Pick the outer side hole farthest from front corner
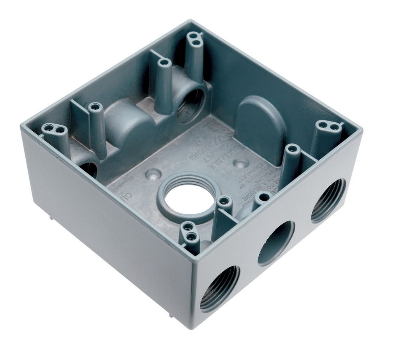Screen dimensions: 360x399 coord(328,201)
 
